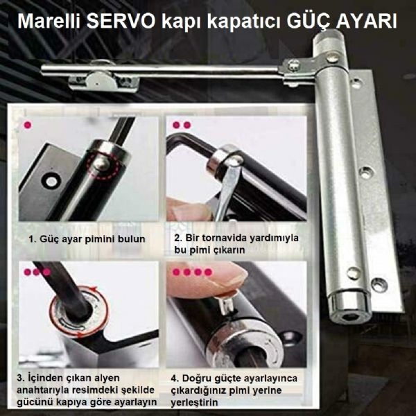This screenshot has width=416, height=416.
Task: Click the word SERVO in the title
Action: [121, 21]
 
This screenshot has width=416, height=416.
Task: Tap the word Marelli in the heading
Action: [49, 21]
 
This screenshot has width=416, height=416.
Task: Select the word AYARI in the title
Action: [367, 21]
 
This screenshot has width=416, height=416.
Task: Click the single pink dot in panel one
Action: [28, 125]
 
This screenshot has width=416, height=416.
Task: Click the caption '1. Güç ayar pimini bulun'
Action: [87, 239]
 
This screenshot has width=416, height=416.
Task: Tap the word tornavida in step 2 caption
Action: [227, 238]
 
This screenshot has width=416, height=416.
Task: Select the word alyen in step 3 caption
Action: [107, 378]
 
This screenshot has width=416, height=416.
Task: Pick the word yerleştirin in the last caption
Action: [194, 402]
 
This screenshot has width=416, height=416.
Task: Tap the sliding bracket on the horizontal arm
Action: [104, 80]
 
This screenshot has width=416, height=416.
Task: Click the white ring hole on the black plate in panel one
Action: [51, 182]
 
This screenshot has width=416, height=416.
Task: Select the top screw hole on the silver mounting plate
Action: [356, 83]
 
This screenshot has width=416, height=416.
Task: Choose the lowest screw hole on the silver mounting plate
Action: [379, 285]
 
